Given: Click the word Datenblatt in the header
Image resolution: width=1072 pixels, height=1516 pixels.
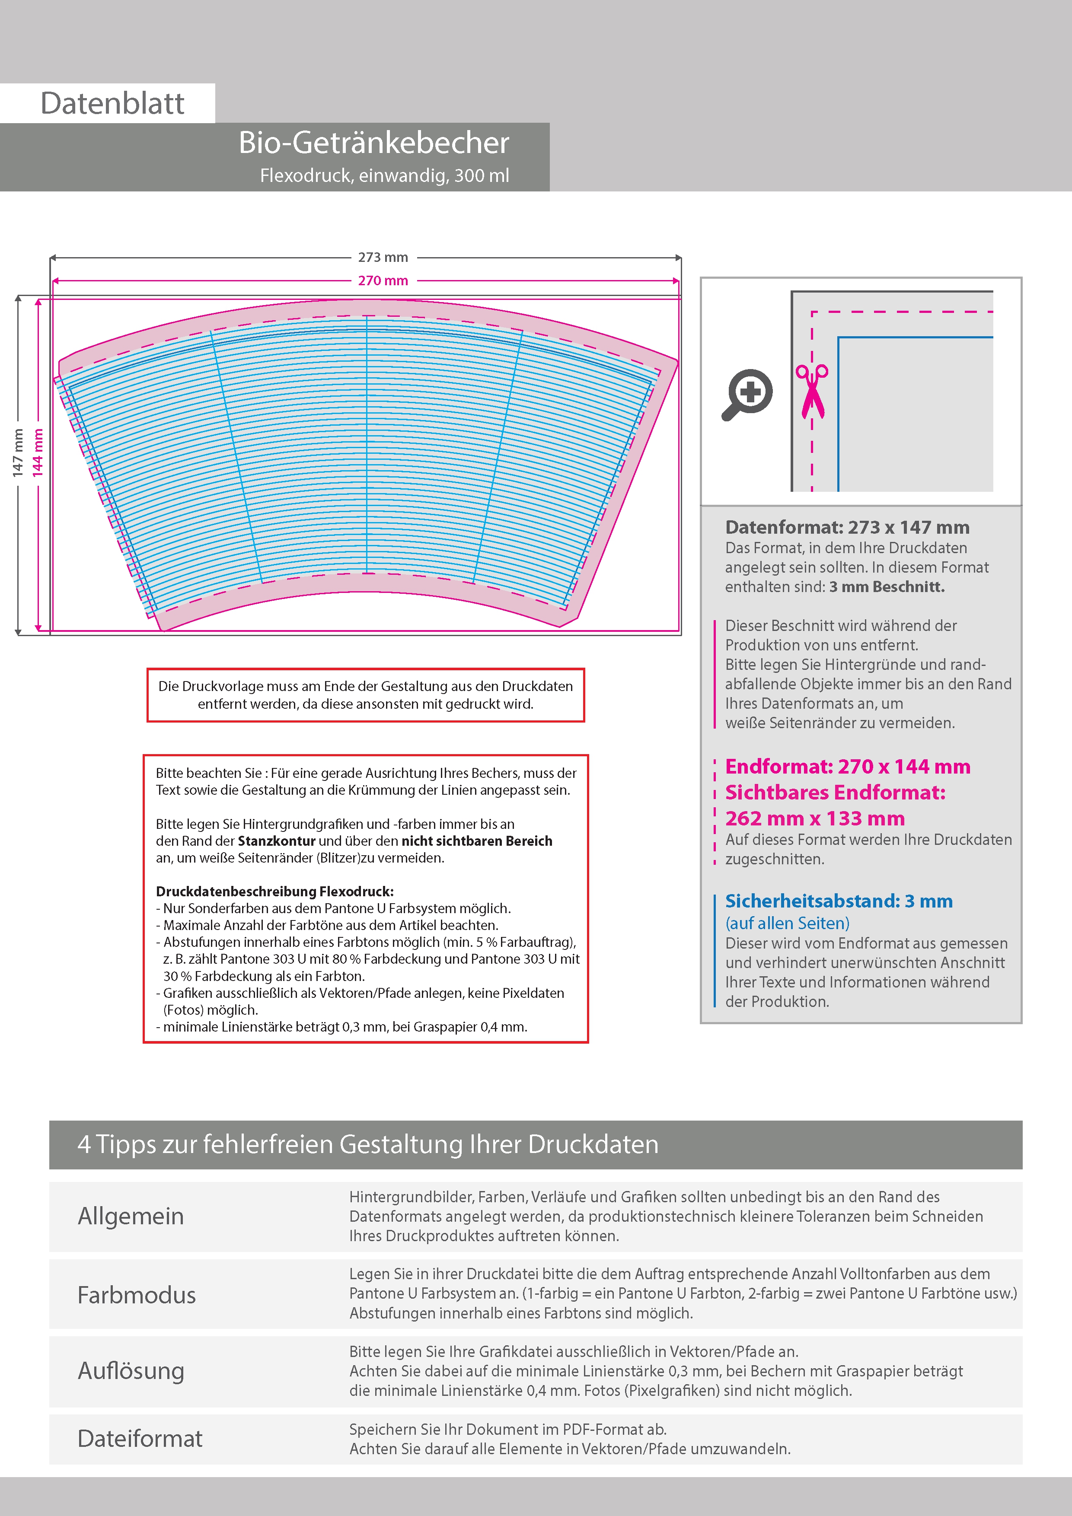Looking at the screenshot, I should pos(112,104).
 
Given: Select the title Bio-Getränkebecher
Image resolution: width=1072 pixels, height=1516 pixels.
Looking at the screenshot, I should pos(374,143).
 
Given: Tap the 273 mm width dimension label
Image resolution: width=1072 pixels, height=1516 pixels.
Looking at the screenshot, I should pos(383,258).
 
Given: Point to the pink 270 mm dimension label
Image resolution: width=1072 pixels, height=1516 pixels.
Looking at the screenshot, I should pos(383,280).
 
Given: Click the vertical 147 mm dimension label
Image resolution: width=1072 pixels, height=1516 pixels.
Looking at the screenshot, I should pos(18,453).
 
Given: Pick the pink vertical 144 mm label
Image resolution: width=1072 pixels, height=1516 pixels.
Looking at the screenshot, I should pos(38,453).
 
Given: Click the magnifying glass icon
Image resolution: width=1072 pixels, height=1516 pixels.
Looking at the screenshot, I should pos(747,394).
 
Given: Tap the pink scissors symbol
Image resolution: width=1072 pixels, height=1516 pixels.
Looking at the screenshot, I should pos(812,391).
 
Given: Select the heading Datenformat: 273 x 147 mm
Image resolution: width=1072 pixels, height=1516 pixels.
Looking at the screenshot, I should pos(847,528).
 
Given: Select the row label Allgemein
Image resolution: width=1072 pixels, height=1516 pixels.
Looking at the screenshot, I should pos(131,1216).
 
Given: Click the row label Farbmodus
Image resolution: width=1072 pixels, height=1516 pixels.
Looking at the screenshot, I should pos(137,1295).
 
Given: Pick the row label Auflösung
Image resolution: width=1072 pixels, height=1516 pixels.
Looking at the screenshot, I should pos(131,1371).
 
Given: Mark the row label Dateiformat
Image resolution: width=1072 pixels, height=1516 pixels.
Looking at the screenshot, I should pos(140,1439).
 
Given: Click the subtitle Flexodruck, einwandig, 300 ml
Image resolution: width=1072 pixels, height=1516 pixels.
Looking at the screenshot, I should pos(384,175).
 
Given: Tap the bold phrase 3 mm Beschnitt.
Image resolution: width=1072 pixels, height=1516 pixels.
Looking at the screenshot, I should pos(887,587).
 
